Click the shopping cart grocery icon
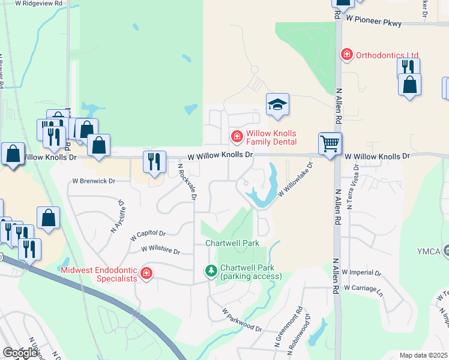[x=330, y=144]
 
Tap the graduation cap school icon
[x=277, y=105]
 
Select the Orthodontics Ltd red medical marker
[x=346, y=55]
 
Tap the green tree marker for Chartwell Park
[x=211, y=272]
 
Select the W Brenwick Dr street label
[x=92, y=180]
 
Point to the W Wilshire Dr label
[x=160, y=248]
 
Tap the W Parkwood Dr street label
[x=242, y=321]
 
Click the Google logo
[x=20, y=353]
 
